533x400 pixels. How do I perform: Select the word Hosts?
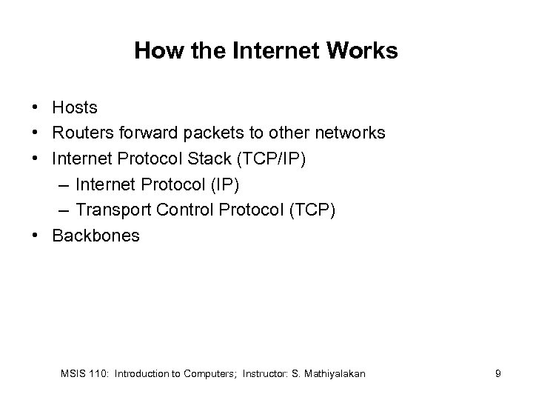click(x=75, y=107)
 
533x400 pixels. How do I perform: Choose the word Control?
click(x=186, y=210)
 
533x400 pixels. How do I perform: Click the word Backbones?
click(x=95, y=236)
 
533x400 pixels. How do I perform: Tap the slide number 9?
click(x=498, y=374)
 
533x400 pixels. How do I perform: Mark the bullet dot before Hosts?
click(x=36, y=107)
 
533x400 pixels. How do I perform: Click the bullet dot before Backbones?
click(x=36, y=236)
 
